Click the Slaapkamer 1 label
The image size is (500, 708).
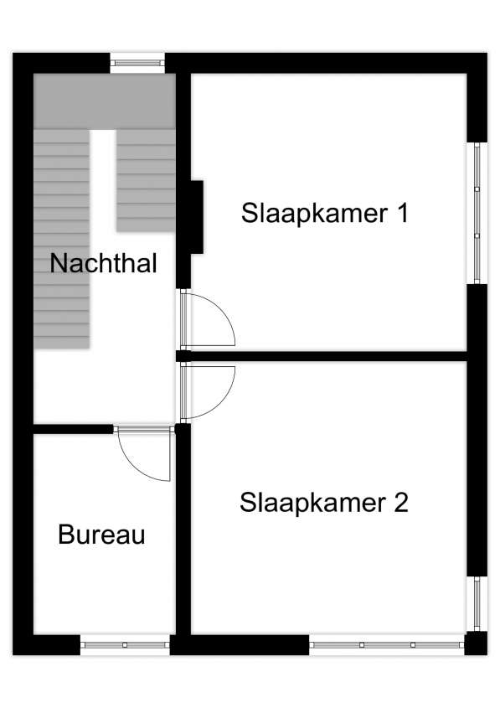[325, 213]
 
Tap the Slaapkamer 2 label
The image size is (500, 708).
[324, 503]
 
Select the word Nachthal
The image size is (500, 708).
[103, 263]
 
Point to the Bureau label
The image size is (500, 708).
[101, 535]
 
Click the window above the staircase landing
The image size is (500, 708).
[137, 63]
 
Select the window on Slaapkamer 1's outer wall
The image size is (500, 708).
[477, 213]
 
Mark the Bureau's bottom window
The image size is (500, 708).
[125, 645]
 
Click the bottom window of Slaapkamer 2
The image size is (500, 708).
[387, 645]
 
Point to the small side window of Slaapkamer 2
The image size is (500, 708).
[477, 604]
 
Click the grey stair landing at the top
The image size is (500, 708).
[105, 101]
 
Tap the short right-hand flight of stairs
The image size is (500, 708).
[147, 181]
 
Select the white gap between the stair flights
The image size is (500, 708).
[103, 181]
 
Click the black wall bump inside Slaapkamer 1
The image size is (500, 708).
[197, 217]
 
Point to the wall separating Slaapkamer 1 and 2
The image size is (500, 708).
[322, 356]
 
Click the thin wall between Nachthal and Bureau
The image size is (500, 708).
[73, 429]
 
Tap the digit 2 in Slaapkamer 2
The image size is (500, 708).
[400, 503]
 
